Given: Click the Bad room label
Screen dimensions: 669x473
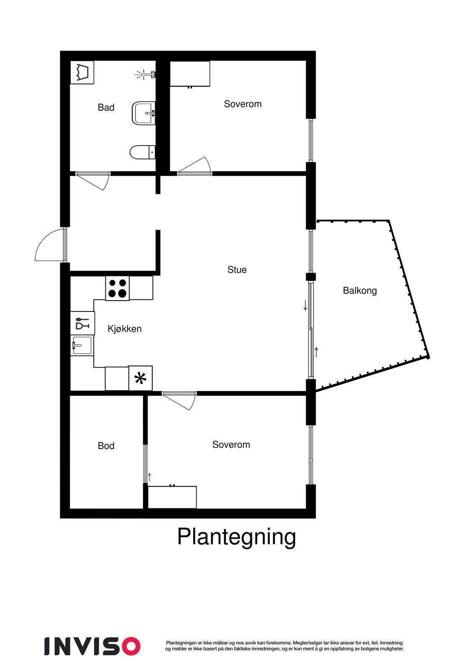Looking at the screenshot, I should (x=106, y=107).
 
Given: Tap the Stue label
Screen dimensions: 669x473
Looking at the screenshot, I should (x=237, y=270).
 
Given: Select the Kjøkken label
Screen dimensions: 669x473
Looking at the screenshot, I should (x=125, y=329).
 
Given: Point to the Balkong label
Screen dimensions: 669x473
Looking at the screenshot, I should (x=360, y=290).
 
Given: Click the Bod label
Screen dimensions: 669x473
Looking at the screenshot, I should (x=106, y=446).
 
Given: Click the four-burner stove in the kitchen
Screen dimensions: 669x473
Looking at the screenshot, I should (x=117, y=288).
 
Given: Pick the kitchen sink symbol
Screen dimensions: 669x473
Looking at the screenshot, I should (x=82, y=345).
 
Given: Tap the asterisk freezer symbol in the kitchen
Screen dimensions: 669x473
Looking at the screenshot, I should (x=141, y=378).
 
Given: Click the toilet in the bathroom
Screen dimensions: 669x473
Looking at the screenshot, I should (x=142, y=152).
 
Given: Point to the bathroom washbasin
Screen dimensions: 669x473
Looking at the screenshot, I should (x=144, y=113).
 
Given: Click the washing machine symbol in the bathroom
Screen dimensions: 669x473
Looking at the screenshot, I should (x=82, y=72).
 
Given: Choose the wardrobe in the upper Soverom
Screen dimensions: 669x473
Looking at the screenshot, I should (x=189, y=74).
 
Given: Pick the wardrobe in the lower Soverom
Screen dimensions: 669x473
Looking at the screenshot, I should (x=172, y=497).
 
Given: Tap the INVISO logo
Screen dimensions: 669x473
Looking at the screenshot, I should (x=92, y=646).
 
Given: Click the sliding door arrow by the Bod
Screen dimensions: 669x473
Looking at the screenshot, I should (x=149, y=476).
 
